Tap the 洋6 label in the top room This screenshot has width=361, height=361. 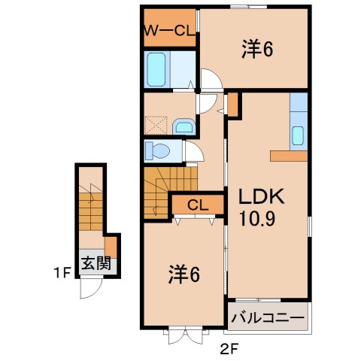click(256, 50)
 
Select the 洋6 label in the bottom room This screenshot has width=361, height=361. click(184, 276)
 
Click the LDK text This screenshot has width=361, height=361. click(261, 198)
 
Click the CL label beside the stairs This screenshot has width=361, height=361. click(199, 205)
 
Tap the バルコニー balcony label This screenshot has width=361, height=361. click(268, 317)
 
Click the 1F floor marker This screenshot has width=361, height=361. click(62, 273)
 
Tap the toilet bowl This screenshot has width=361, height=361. click(158, 151)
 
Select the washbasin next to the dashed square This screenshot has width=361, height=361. click(183, 126)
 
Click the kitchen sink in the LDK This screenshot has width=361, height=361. click(298, 136)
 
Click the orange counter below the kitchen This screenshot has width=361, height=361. click(290, 156)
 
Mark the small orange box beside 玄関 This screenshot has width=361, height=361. click(111, 247)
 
